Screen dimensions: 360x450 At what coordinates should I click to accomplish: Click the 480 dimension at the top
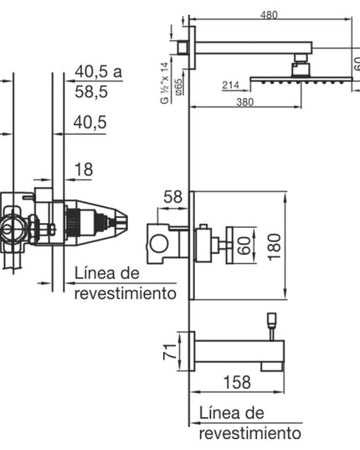(269, 14)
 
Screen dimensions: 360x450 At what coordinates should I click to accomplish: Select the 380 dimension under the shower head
(244, 102)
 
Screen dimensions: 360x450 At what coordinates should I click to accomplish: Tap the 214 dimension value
(230, 85)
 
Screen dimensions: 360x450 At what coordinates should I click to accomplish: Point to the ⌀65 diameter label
(178, 86)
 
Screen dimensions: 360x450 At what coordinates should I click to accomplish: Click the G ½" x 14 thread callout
(165, 83)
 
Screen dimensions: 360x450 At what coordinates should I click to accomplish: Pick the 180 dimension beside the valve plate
(275, 247)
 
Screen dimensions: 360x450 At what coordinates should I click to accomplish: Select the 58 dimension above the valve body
(172, 197)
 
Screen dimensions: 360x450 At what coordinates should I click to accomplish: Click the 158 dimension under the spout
(237, 382)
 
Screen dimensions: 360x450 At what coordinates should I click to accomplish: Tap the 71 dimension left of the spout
(170, 351)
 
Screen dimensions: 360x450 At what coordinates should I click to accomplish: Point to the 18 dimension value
(84, 169)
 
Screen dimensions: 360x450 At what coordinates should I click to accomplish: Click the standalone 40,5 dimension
(90, 122)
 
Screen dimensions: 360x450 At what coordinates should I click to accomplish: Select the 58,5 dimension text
(91, 92)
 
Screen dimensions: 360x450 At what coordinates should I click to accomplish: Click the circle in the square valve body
(159, 244)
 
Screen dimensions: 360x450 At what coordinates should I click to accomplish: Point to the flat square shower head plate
(301, 79)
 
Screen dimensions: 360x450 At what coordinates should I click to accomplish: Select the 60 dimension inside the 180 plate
(244, 246)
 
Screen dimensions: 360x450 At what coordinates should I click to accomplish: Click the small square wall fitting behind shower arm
(183, 48)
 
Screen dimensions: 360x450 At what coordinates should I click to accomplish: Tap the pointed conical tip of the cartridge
(122, 222)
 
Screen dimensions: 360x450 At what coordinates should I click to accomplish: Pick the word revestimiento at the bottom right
(250, 433)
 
